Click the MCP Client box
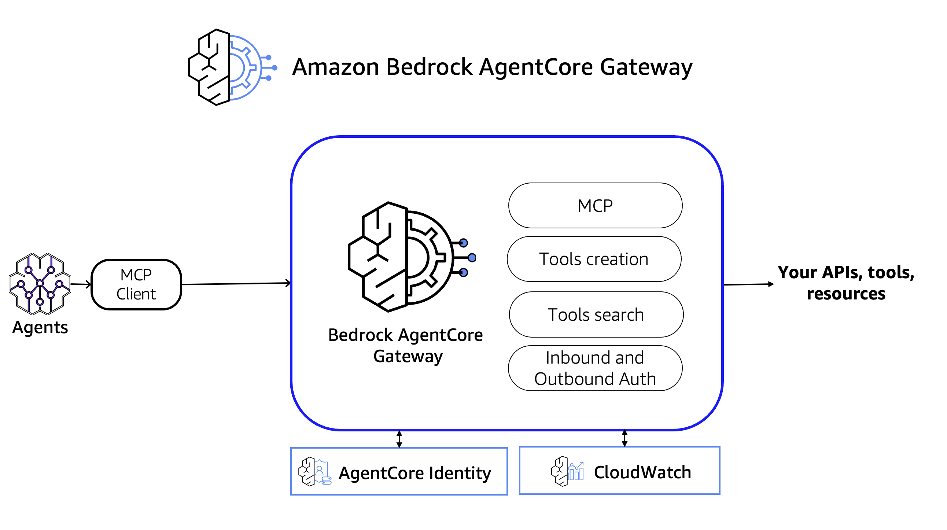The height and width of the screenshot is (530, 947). coord(136,284)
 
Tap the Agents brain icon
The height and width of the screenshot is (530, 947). coord(40,283)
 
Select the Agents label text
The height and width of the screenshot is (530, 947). coord(40,327)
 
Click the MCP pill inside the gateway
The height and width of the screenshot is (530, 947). coord(595,206)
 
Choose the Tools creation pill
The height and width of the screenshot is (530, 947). coord(594,259)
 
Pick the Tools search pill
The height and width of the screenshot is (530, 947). coord(596,314)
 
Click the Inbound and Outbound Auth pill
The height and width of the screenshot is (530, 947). coord(595,368)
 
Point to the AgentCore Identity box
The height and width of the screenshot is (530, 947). coord(399,472)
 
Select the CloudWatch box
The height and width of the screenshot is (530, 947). coord(619,471)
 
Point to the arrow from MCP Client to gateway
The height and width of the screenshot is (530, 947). coord(235,284)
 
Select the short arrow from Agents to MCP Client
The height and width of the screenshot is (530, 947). coord(81,284)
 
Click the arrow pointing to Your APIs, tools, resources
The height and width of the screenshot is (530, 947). coord(748,284)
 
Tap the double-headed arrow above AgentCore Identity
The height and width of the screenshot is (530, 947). coord(399,439)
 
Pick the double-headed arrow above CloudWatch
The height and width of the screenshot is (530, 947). coord(624,438)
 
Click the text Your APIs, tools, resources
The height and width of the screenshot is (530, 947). coord(845,283)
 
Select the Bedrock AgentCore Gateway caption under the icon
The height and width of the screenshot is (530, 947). coord(405,345)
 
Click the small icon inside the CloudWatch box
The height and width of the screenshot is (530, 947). coord(567,472)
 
